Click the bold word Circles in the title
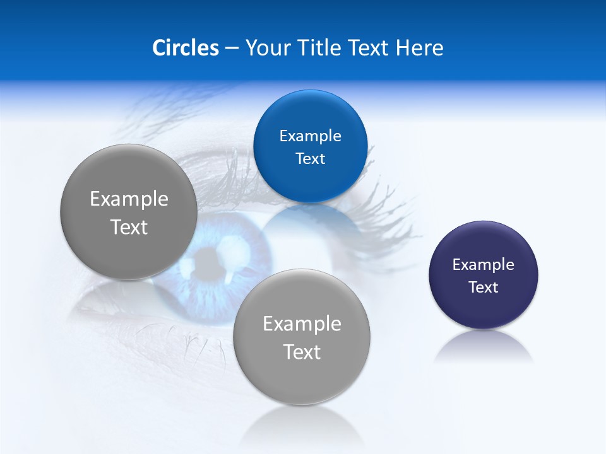[x=185, y=48]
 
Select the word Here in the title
[x=419, y=48]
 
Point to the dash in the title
[x=232, y=49]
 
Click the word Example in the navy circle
[x=484, y=265]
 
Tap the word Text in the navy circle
[x=484, y=288]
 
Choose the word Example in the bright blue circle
[x=310, y=136]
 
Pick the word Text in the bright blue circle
[x=310, y=159]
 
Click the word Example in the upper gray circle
[x=129, y=199]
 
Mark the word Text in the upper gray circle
[x=129, y=227]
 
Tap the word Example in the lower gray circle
[x=302, y=324]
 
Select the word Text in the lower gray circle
[x=302, y=352]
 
